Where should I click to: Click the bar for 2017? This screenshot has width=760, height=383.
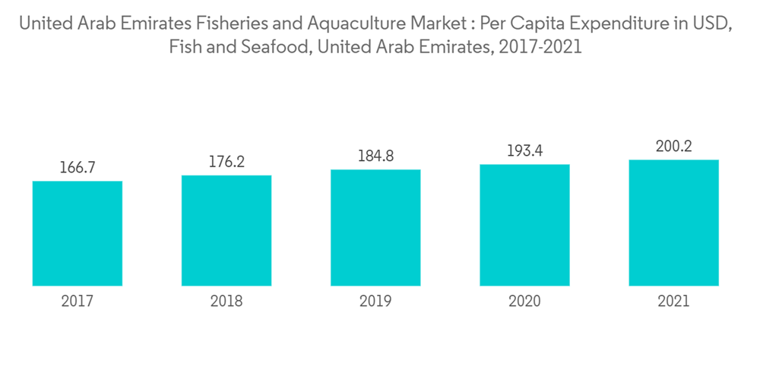pyautogui.click(x=78, y=233)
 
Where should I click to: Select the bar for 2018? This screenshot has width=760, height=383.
pyautogui.click(x=226, y=230)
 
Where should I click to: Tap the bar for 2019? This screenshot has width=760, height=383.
pyautogui.click(x=375, y=227)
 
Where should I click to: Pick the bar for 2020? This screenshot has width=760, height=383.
pyautogui.click(x=524, y=225)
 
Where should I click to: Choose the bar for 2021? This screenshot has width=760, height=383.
pyautogui.click(x=674, y=223)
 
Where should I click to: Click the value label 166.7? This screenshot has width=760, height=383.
pyautogui.click(x=78, y=168)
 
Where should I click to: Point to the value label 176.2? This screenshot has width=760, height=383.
pyautogui.click(x=226, y=162)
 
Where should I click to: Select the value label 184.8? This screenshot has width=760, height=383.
pyautogui.click(x=375, y=157)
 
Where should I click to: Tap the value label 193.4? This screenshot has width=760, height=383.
pyautogui.click(x=524, y=151)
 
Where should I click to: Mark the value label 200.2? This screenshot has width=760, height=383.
pyautogui.click(x=674, y=147)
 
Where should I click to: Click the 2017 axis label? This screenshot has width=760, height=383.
pyautogui.click(x=78, y=302)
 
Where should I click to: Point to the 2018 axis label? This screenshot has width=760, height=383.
pyautogui.click(x=226, y=302)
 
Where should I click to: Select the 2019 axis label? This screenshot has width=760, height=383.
pyautogui.click(x=375, y=302)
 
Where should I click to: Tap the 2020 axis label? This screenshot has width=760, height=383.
pyautogui.click(x=524, y=302)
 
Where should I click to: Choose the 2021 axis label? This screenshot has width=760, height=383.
pyautogui.click(x=674, y=302)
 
